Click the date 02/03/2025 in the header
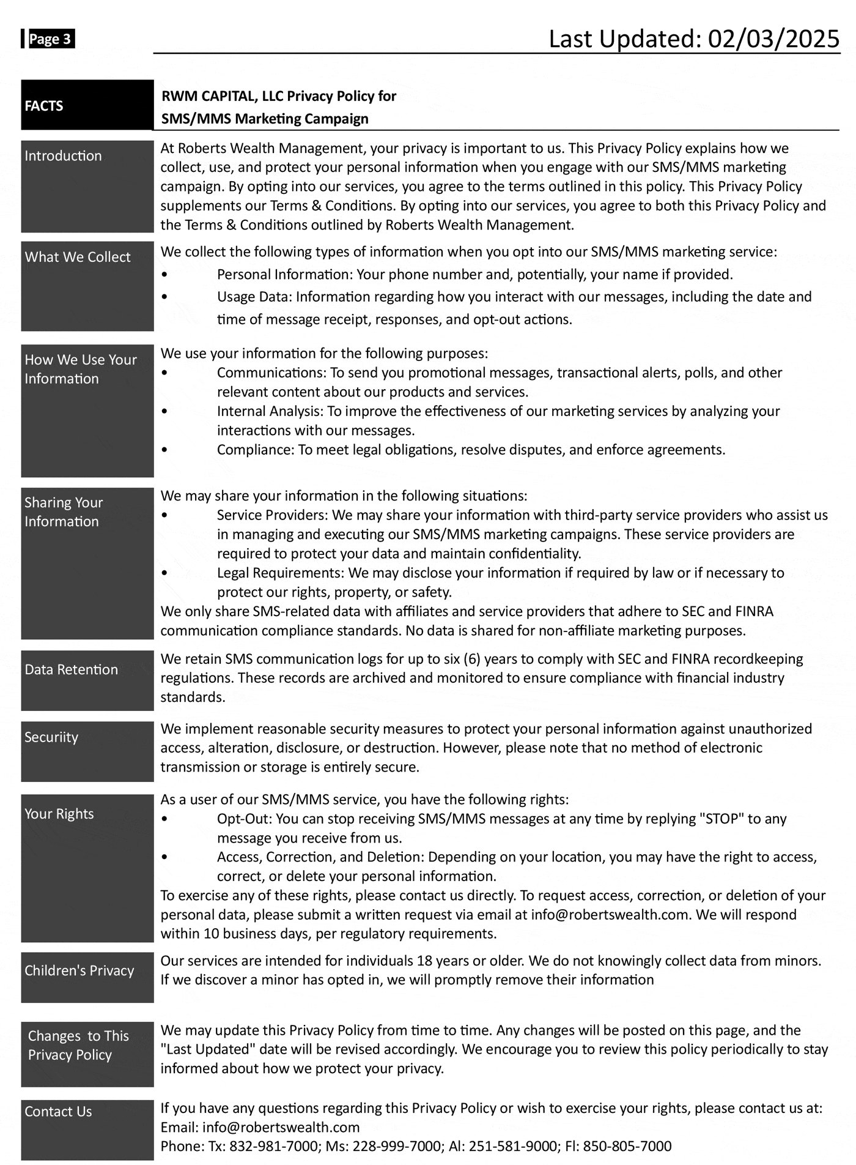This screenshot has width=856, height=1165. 773,39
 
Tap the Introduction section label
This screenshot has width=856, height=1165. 63,156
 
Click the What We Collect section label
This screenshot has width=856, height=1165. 78,257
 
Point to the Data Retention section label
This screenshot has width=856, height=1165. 71,669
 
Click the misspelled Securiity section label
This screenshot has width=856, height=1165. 51,737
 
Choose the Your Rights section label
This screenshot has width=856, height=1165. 59,814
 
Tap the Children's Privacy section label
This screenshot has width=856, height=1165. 79,970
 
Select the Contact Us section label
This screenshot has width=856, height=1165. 58,1112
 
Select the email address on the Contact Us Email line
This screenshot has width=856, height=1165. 281,1127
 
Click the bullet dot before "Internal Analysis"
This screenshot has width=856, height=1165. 164,411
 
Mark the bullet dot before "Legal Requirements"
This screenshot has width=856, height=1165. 164,573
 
